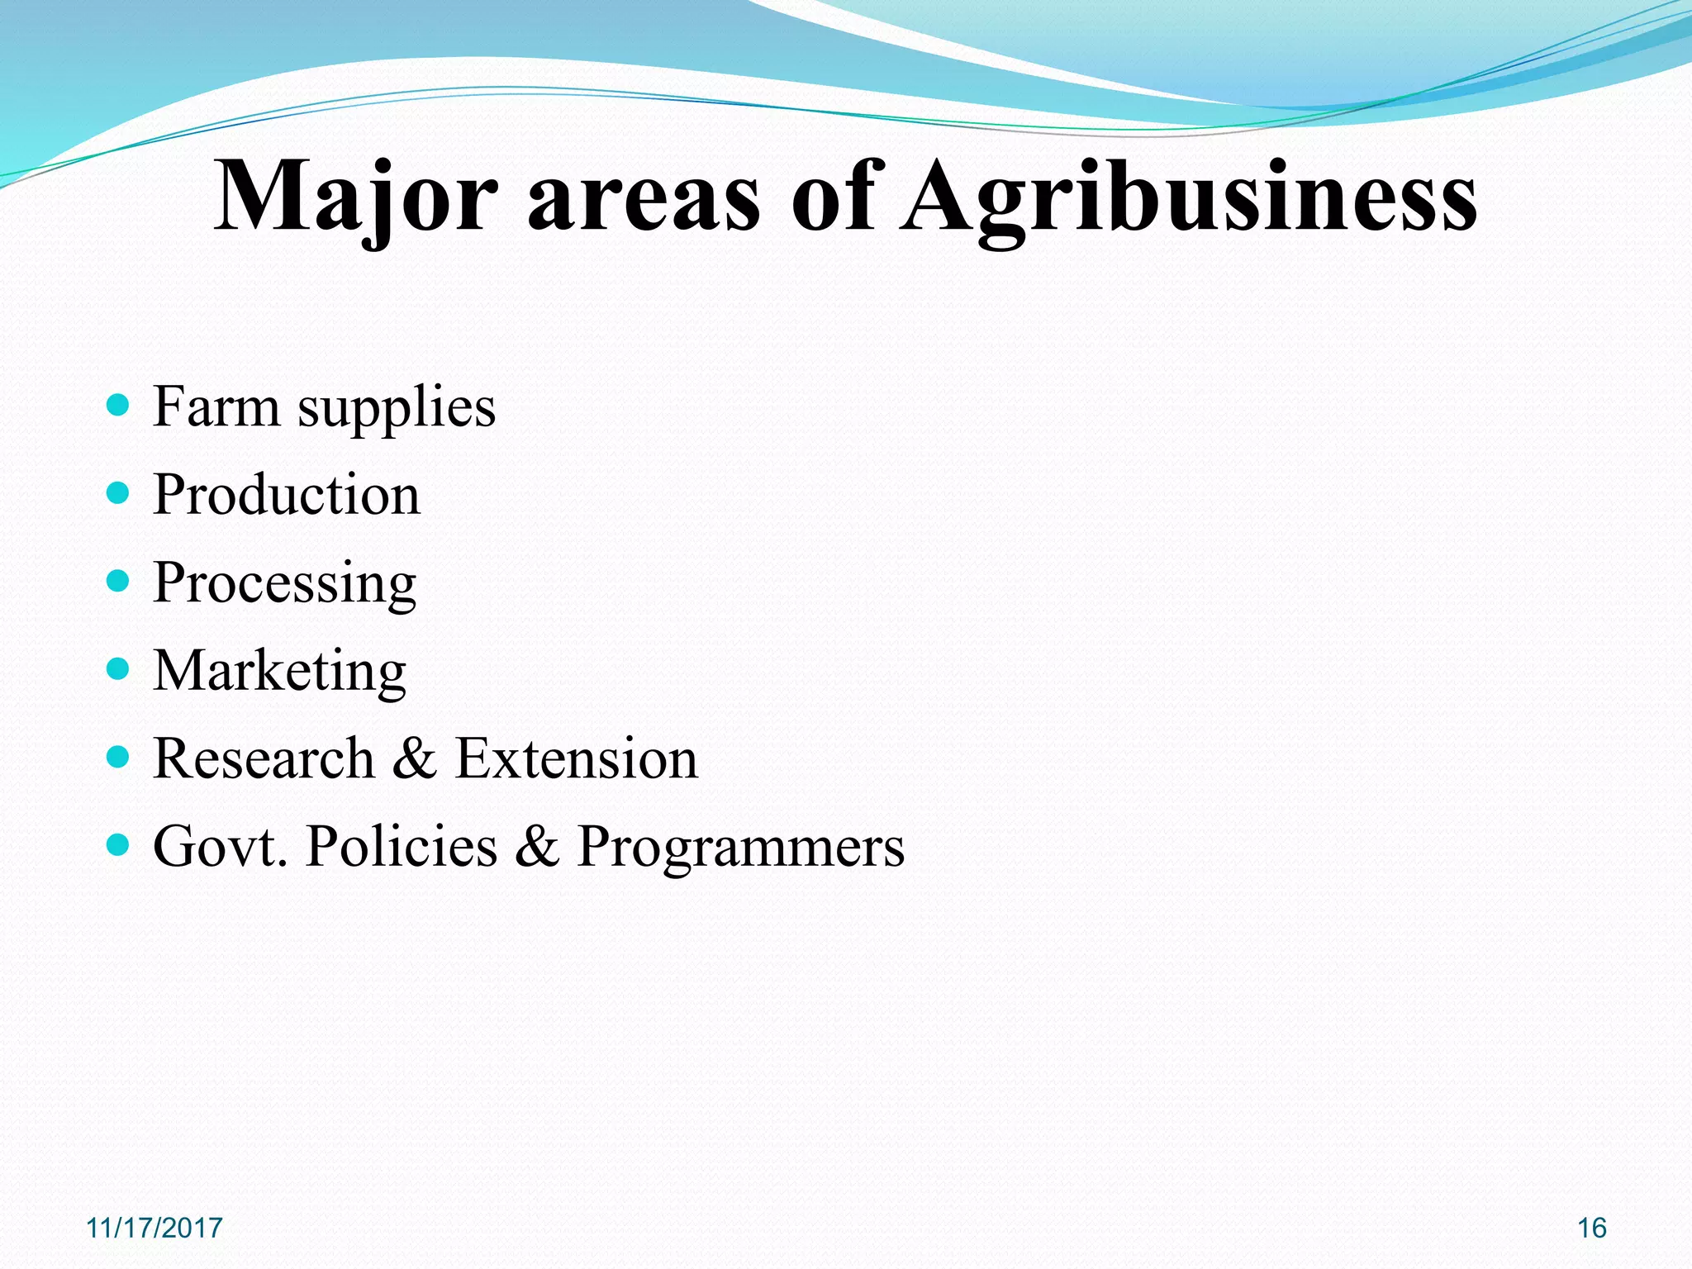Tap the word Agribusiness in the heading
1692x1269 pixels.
[x=1189, y=197]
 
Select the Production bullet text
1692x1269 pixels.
[x=287, y=495]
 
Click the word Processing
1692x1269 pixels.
[x=285, y=584]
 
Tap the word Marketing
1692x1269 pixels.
[x=280, y=671]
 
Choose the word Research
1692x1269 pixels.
[x=264, y=758]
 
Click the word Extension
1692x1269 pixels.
[x=577, y=758]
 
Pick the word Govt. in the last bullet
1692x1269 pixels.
[x=221, y=846]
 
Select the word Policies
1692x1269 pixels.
[x=402, y=846]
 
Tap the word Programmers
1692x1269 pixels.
[x=740, y=848]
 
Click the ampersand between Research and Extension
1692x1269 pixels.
[x=415, y=758]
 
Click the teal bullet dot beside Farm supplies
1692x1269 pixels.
[x=119, y=405]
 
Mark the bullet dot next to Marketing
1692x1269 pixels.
[x=119, y=668]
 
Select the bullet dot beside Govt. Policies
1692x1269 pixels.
[x=119, y=844]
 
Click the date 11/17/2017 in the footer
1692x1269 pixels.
[x=154, y=1228]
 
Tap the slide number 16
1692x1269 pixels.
[x=1592, y=1228]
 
